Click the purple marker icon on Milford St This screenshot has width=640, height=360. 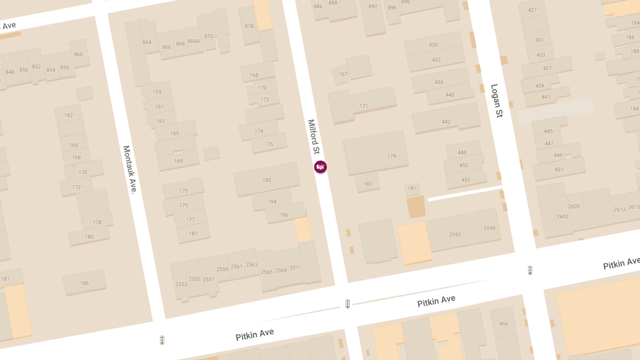[320, 167]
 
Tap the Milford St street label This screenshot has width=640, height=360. [314, 137]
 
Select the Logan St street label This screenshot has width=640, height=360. [497, 100]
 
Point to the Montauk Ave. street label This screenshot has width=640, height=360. [130, 170]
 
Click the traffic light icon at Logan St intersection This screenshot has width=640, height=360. [530, 270]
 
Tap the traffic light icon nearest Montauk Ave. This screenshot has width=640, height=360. [162, 340]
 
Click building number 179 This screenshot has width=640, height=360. [391, 156]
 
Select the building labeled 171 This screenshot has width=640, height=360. [364, 106]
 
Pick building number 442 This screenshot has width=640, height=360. [446, 122]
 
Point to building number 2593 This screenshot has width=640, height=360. [455, 234]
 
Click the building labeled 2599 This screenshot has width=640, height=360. [490, 228]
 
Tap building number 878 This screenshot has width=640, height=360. [249, 26]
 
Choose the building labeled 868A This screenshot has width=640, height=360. [193, 41]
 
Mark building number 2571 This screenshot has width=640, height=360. [295, 268]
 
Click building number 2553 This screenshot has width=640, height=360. [181, 284]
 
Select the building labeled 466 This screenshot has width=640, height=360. [503, 324]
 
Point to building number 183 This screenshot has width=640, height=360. [367, 184]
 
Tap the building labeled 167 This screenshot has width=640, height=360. [343, 74]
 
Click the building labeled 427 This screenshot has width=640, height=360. [532, 10]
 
